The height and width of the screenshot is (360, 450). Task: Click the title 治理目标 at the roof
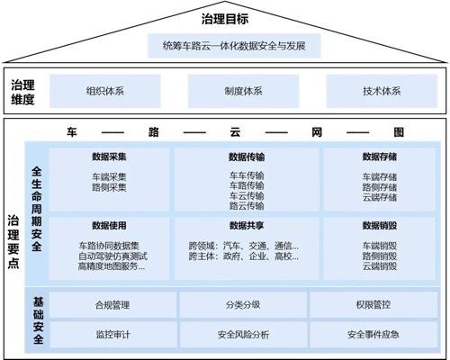pos(225,19)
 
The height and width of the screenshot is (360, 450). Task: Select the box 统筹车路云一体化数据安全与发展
pos(234,46)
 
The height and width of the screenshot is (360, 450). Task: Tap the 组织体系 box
pos(105,91)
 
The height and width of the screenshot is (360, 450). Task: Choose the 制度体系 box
pos(243,91)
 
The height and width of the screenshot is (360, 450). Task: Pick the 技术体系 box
pos(382,91)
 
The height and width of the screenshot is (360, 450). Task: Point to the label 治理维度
pos(22,92)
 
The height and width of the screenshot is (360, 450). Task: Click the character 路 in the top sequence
pos(154,132)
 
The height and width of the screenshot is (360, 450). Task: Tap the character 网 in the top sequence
pos(317,132)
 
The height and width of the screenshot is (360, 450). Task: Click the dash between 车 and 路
pos(112,132)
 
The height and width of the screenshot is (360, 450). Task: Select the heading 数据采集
pos(109,157)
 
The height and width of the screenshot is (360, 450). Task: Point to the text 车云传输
pos(247,196)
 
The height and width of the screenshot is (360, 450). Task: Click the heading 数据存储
pos(380,157)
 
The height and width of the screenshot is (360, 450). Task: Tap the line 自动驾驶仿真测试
pos(112,256)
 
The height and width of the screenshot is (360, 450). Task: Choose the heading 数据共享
pos(247,226)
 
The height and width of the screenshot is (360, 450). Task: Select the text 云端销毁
pos(380,266)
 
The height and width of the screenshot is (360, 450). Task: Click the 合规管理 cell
pos(112,305)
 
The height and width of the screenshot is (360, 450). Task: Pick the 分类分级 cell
pos(243,305)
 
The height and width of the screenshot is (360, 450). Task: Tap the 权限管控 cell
pos(373,305)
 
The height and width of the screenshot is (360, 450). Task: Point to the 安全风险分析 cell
pos(243,335)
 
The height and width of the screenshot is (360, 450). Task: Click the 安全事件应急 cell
pos(373,335)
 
